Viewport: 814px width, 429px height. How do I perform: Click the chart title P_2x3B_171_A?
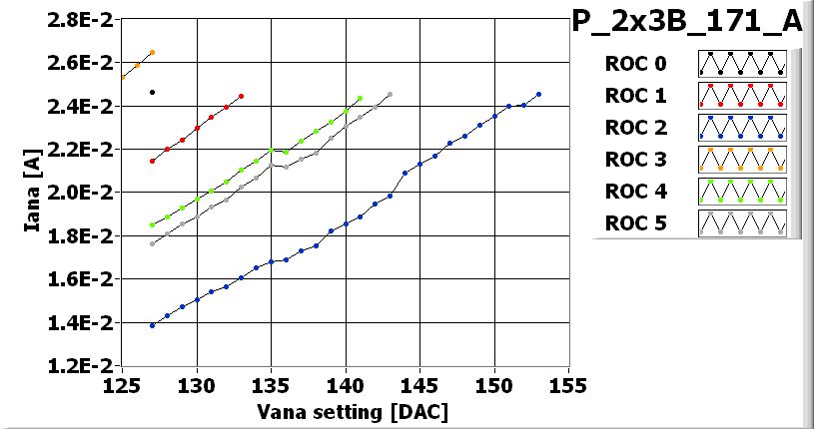pos(686,22)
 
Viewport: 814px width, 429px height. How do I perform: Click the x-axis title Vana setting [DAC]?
pos(346,411)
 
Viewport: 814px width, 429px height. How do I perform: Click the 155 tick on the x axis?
pos(568,384)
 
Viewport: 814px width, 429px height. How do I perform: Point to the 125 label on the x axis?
pos(123,384)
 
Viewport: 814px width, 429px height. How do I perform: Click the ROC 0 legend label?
pos(635,65)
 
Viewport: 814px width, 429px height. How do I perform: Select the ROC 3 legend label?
pos(635,160)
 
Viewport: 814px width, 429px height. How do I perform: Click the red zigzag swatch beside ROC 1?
pos(741,96)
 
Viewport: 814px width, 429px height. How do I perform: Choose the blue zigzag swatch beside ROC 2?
pos(741,128)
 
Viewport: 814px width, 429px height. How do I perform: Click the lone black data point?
pos(152,92)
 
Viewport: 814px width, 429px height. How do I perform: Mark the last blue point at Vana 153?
pos(538,95)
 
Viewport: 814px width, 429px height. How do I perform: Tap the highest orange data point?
pos(152,52)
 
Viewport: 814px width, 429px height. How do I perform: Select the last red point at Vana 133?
pos(242,96)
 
